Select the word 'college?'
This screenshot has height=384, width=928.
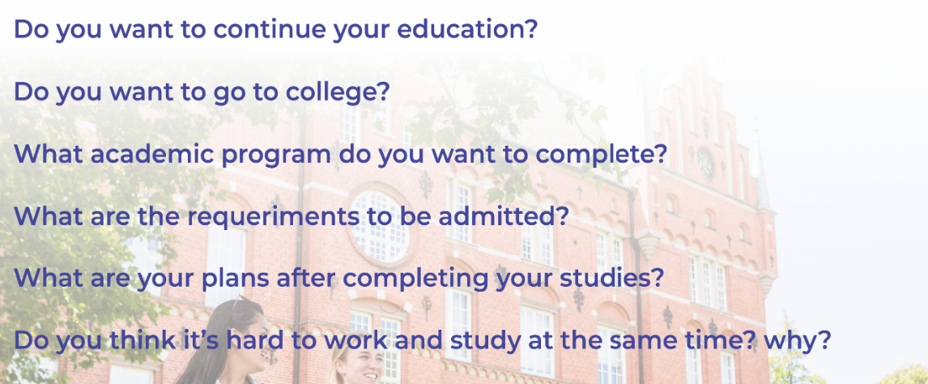338,92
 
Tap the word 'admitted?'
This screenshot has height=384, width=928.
504,216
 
